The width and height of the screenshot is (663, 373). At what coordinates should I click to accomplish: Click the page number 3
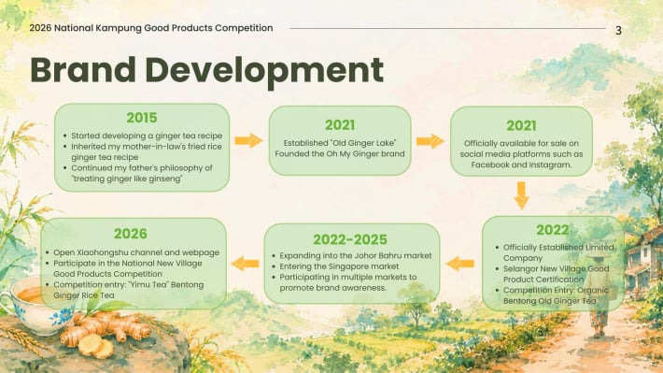click(618, 31)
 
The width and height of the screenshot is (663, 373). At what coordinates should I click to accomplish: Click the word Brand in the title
click(83, 70)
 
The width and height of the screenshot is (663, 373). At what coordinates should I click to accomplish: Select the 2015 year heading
click(142, 118)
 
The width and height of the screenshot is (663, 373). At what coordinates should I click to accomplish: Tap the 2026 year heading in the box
click(130, 234)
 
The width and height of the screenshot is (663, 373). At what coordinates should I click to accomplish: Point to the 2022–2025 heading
click(350, 239)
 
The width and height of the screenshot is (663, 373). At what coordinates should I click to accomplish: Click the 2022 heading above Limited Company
click(552, 230)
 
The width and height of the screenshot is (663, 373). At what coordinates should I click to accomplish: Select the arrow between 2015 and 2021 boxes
click(248, 140)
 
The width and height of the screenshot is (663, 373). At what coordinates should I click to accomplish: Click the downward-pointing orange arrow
click(521, 195)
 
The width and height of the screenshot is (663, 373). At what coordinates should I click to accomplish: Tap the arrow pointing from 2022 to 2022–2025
click(460, 264)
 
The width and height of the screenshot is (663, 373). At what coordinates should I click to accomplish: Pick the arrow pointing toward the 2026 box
click(246, 264)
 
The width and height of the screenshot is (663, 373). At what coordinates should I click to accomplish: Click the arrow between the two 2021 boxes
click(430, 141)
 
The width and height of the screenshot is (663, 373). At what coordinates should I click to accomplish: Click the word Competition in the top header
click(244, 28)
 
